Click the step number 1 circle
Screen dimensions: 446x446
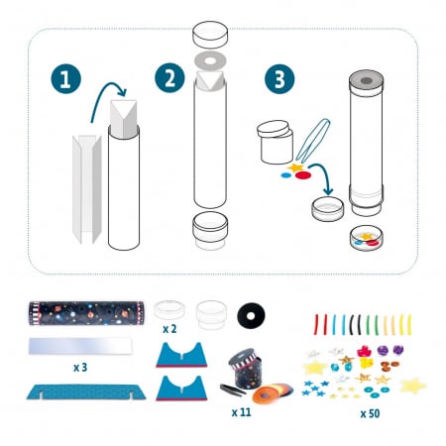coord(65,78)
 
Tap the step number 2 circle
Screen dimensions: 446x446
coord(169,78)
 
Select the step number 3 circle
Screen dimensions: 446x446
coord(279,79)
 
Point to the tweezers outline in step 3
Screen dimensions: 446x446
coord(312,142)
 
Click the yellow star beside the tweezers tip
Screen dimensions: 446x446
coord(295,167)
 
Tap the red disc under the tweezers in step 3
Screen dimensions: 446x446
coord(304,175)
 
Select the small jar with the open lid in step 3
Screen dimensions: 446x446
coord(275,142)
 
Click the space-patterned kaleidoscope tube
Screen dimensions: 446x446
coord(86,313)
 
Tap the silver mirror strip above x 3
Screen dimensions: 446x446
coord(80,346)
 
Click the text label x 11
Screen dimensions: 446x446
coord(241,412)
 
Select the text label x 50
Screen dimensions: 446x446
coord(370,413)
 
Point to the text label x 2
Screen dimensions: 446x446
coord(169,329)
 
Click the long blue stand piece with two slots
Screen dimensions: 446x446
coord(86,391)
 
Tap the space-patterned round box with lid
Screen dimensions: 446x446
coord(245,368)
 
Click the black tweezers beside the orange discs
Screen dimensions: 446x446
coord(233,390)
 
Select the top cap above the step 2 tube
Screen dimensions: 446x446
coord(210,35)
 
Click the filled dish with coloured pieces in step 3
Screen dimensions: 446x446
coord(366,238)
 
